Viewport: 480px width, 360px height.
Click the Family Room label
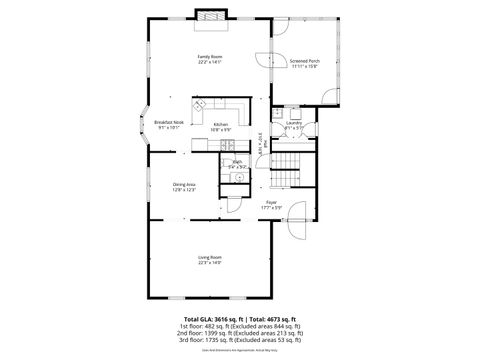[209, 57]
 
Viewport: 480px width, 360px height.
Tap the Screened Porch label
[304, 61]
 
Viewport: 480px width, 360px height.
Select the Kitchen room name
[221, 124]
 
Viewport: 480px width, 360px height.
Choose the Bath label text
[237, 161]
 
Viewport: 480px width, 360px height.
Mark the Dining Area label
[184, 184]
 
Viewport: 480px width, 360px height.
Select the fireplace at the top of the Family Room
[211, 16]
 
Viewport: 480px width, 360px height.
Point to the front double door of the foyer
[232, 203]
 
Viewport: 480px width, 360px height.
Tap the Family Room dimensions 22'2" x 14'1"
[209, 63]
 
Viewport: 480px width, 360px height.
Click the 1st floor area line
[240, 326]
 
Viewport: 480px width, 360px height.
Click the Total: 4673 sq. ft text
[272, 318]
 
